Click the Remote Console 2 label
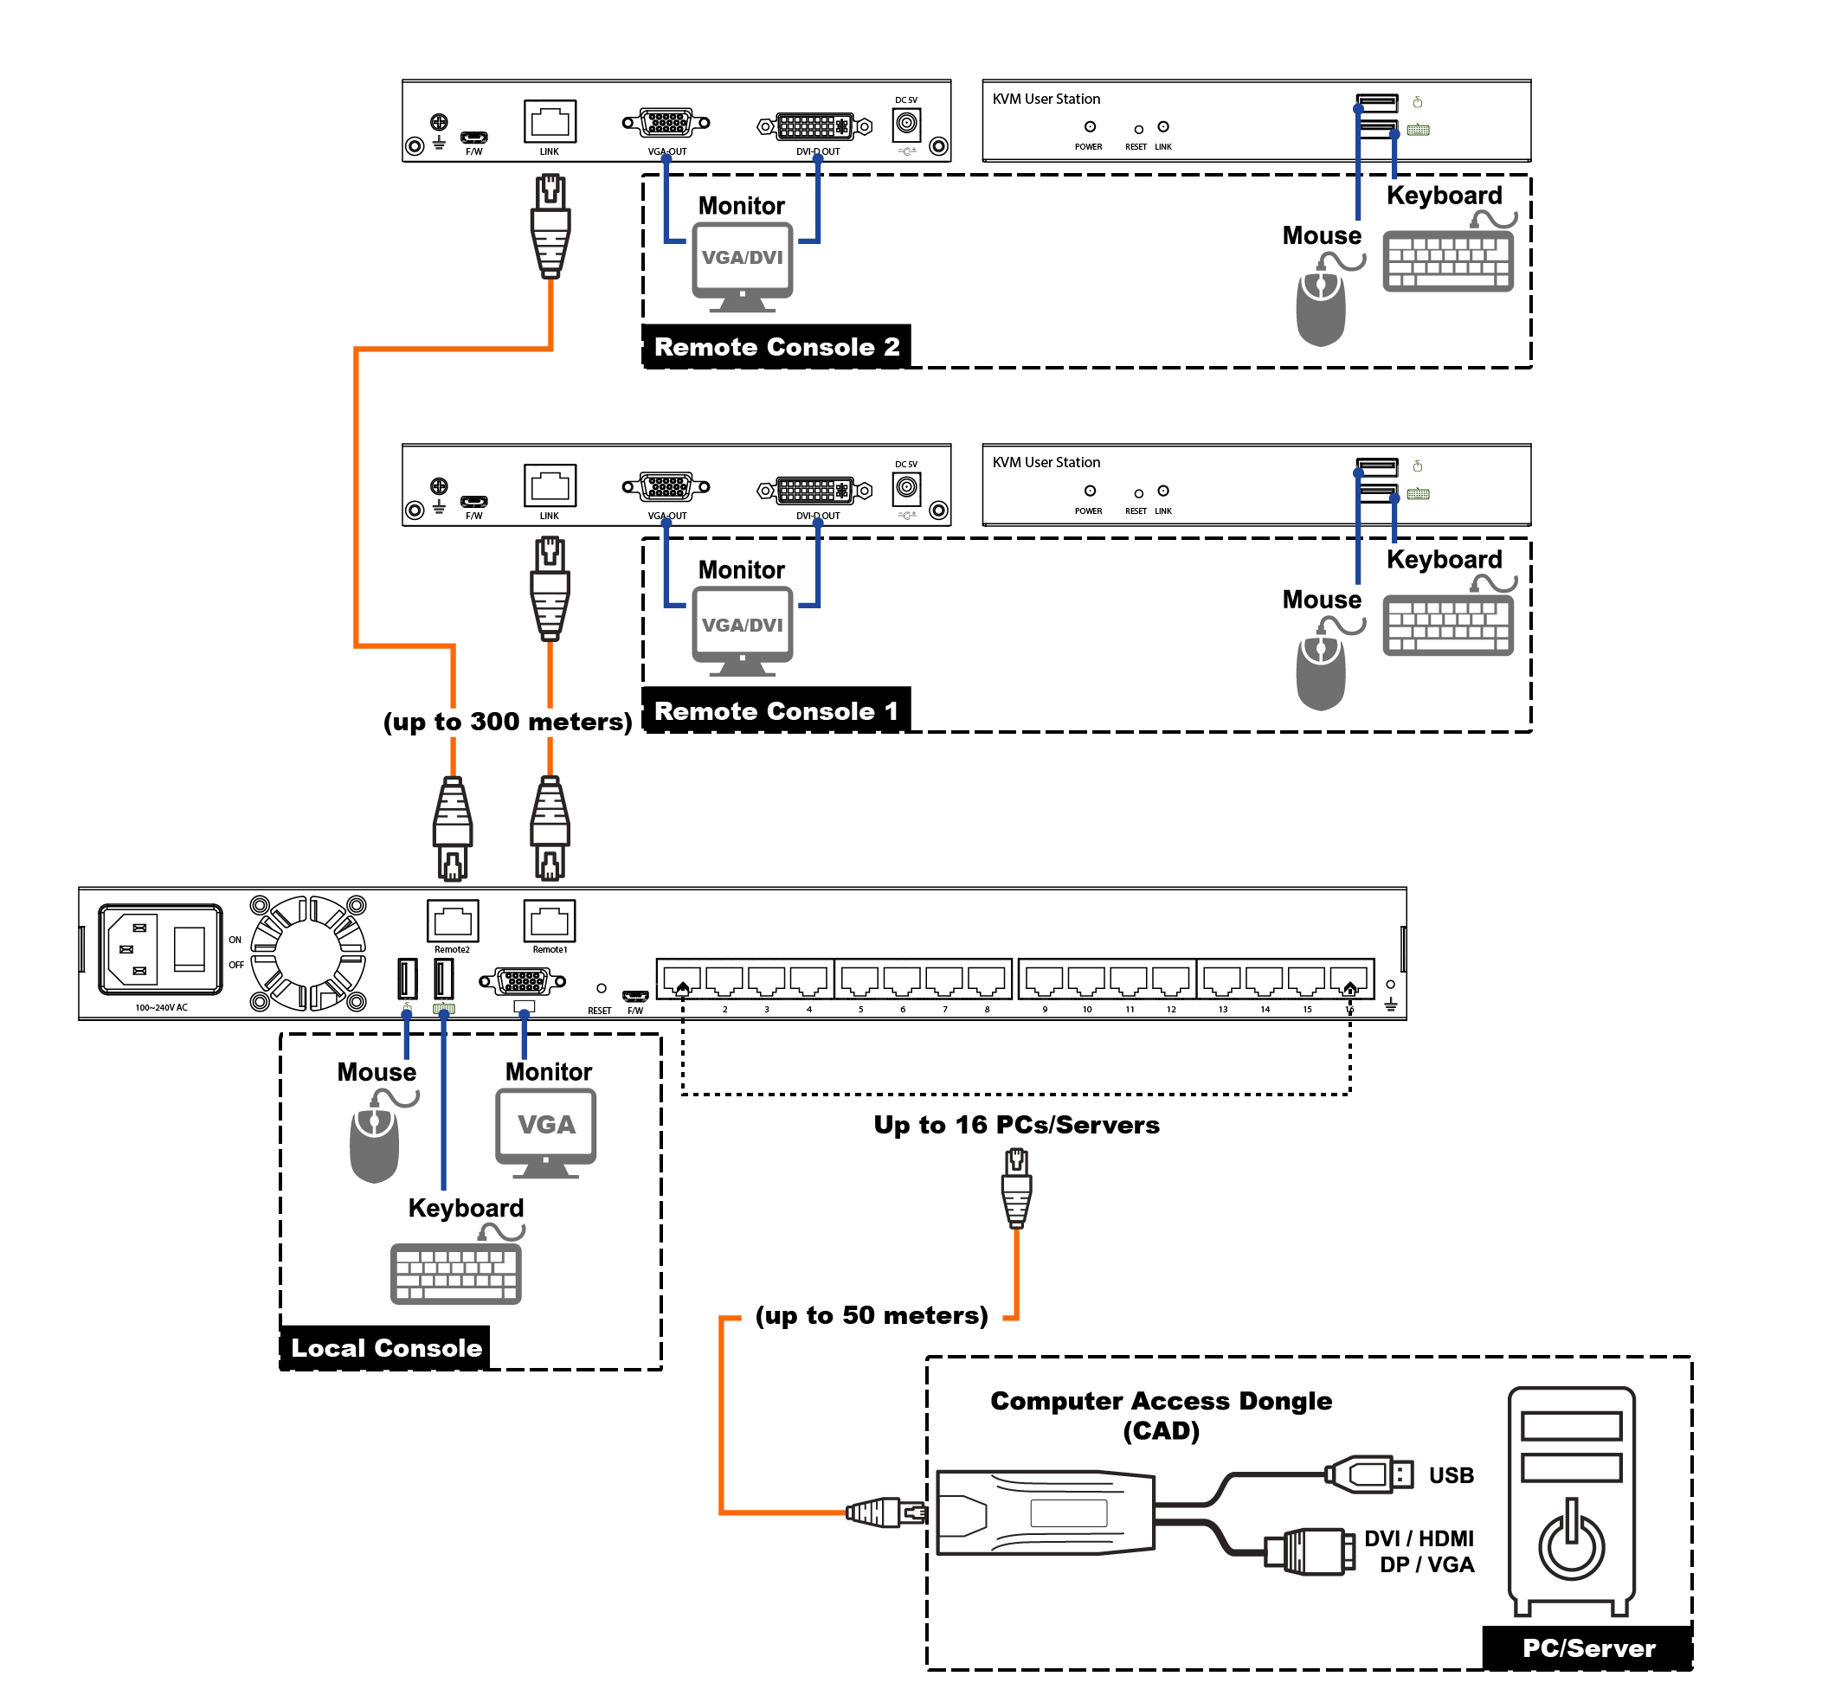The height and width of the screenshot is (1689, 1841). [x=777, y=347]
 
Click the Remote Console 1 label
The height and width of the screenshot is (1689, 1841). [x=777, y=711]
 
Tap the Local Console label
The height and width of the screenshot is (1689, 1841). [x=386, y=1348]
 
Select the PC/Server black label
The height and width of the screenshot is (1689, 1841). [x=1589, y=1647]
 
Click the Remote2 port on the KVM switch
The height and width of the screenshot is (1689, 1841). [x=453, y=922]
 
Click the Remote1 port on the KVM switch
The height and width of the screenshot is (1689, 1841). [x=550, y=922]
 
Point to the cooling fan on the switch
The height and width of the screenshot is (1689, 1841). [x=308, y=954]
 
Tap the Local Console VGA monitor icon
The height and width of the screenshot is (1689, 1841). [x=545, y=1132]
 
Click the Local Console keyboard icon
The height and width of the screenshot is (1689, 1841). [x=455, y=1272]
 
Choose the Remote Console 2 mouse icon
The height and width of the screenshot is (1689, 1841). [x=1321, y=306]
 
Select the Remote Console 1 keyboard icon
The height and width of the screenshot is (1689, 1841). [x=1448, y=625]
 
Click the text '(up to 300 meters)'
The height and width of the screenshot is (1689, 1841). [x=507, y=722]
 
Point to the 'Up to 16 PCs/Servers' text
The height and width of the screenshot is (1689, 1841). [x=1016, y=1125]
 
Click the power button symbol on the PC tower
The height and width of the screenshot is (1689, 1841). [x=1571, y=1541]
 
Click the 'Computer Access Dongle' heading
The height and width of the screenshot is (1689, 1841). [x=1161, y=1401]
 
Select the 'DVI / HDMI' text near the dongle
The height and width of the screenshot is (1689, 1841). [x=1419, y=1539]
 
